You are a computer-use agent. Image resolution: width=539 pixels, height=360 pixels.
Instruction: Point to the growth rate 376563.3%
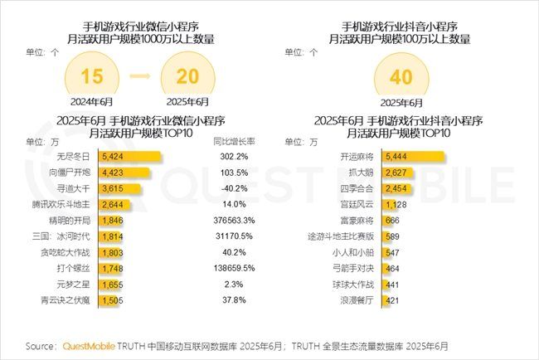(x=232, y=220)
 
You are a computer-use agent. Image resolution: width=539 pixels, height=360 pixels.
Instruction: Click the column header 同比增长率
(x=233, y=141)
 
